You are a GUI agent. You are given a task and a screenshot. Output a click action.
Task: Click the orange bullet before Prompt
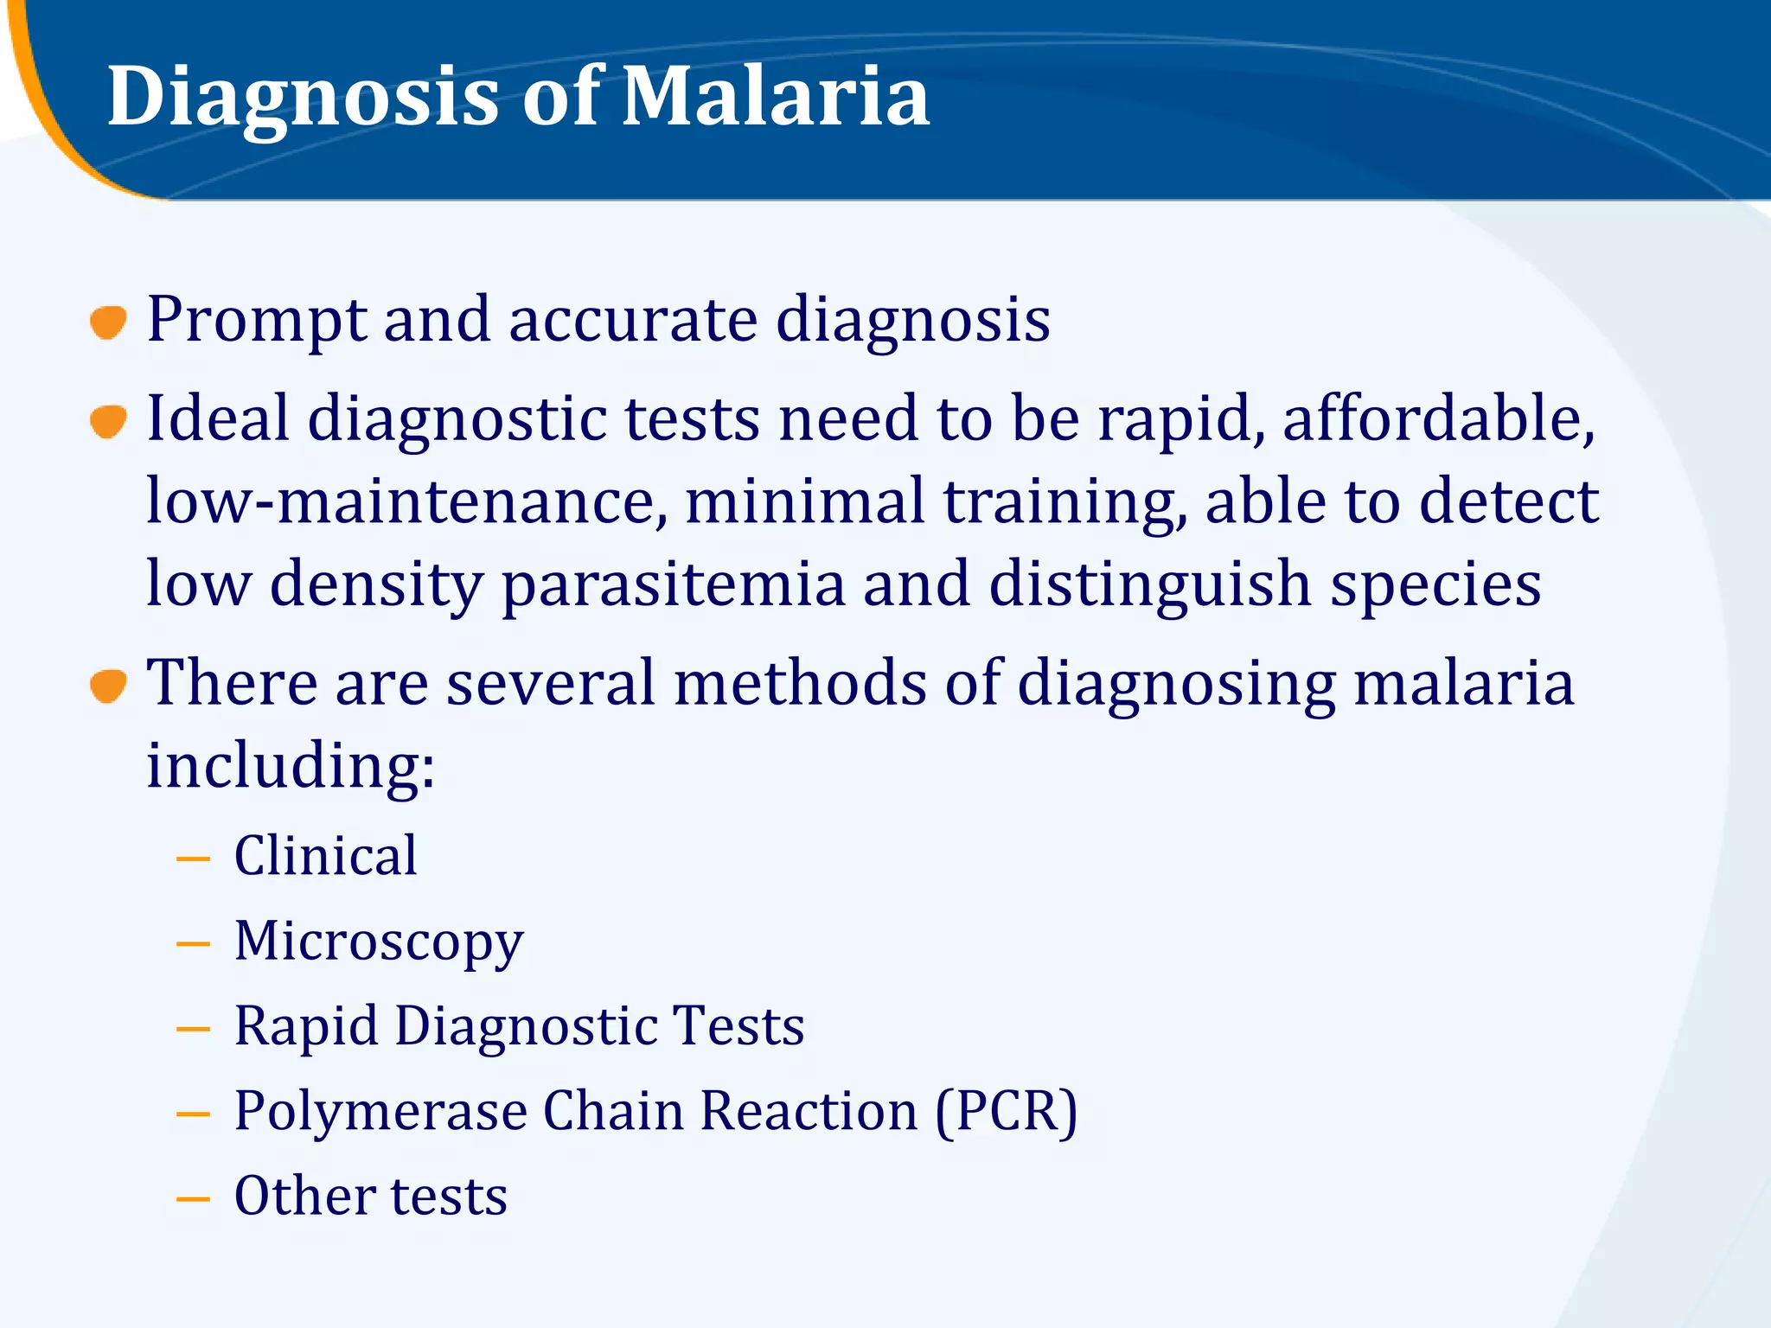pyautogui.click(x=108, y=322)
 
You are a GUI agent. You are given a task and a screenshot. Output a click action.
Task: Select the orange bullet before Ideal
pyautogui.click(x=108, y=422)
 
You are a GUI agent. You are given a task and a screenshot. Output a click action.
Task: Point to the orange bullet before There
pyautogui.click(x=108, y=686)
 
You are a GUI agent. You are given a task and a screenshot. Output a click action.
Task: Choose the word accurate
pyautogui.click(x=633, y=320)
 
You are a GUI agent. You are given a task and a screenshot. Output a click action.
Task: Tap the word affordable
pyautogui.click(x=1438, y=418)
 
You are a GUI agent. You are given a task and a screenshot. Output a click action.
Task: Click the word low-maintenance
pyautogui.click(x=406, y=501)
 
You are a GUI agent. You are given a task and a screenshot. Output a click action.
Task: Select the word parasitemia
pyautogui.click(x=673, y=584)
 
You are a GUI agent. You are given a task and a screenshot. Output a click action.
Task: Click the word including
pyautogui.click(x=290, y=766)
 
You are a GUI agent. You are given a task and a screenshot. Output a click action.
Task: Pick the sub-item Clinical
pyautogui.click(x=326, y=856)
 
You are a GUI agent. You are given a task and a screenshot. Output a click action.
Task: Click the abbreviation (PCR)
pyautogui.click(x=1006, y=1111)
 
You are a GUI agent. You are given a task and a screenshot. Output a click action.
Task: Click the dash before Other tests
pyautogui.click(x=193, y=1198)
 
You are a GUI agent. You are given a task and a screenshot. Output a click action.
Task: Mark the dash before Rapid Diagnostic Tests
pyautogui.click(x=193, y=1029)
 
